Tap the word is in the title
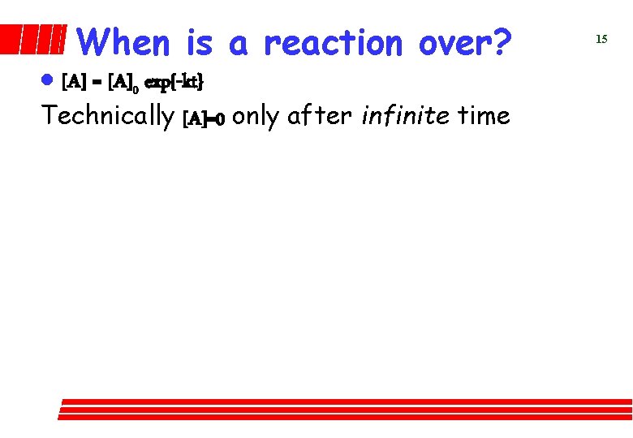coord(200,42)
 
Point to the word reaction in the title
coord(333,42)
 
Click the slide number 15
coord(601,39)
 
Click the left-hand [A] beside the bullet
coord(73,82)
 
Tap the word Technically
coord(108,116)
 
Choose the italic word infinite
coord(407,116)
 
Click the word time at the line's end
coord(484,116)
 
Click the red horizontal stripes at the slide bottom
coord(345,409)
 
